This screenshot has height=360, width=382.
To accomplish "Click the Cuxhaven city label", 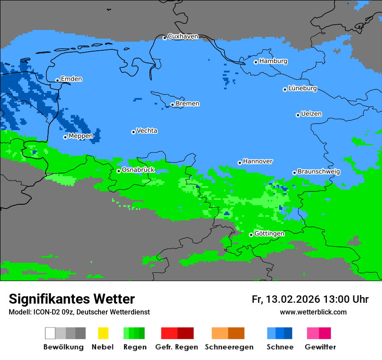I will click(183, 36).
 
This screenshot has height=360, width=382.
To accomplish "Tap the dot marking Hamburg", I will click(256, 62).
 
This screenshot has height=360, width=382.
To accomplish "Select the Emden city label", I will click(71, 79).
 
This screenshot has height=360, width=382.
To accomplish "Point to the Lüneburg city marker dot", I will click(285, 89).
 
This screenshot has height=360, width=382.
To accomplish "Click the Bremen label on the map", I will click(188, 104).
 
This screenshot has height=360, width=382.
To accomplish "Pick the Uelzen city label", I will click(311, 114).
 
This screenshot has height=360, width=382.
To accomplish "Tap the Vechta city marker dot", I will click(134, 132).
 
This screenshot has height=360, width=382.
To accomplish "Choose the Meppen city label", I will click(81, 136).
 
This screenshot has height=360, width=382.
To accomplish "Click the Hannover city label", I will click(258, 161).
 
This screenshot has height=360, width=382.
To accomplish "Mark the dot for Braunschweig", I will click(294, 173).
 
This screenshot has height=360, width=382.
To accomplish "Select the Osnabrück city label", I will click(138, 170).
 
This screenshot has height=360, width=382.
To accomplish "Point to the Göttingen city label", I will click(269, 234).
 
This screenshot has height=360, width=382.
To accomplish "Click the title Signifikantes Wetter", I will click(72, 299).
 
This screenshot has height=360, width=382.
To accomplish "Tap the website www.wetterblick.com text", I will click(313, 312).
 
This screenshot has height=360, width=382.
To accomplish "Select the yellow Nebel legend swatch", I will click(103, 333).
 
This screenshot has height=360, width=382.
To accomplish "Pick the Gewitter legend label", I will click(320, 347).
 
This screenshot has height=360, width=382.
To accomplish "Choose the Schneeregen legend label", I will click(229, 347).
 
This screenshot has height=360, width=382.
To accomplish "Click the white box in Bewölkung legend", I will click(50, 333).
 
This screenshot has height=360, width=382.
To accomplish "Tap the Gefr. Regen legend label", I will click(177, 347).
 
